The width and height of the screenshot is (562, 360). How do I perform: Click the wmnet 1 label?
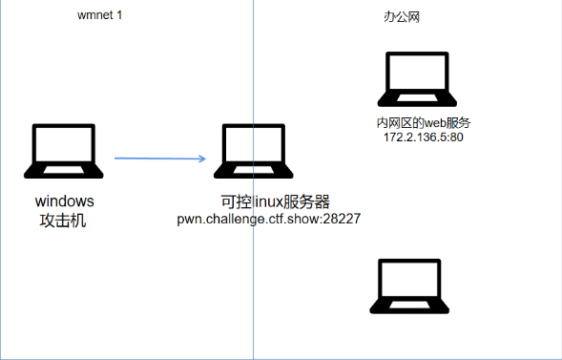(100, 17)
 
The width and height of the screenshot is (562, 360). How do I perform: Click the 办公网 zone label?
(400, 17)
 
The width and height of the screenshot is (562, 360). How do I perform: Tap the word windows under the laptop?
(65, 201)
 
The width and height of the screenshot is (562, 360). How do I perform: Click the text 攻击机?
(65, 221)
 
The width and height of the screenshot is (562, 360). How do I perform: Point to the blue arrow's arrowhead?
(203, 159)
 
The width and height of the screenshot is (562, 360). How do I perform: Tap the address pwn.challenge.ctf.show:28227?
(268, 219)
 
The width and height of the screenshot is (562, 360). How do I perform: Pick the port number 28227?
(340, 219)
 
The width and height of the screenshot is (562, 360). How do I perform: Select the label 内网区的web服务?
(424, 123)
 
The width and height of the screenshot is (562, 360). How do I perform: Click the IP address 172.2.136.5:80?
(424, 138)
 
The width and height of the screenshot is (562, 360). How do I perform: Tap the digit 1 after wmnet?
(120, 17)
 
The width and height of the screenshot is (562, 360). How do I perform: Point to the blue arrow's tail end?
(116, 159)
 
